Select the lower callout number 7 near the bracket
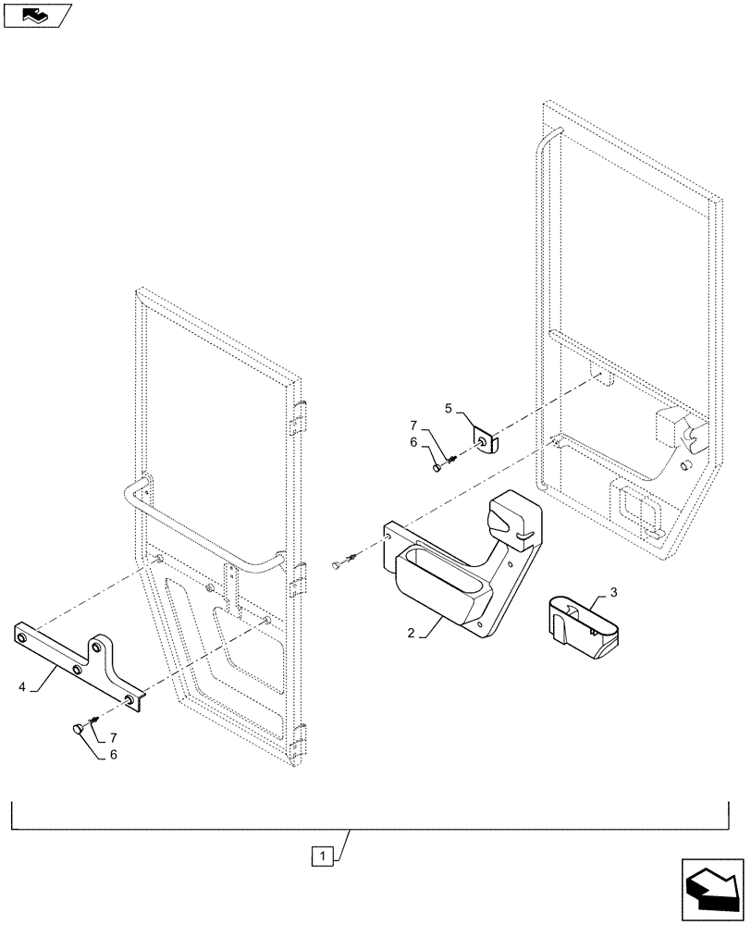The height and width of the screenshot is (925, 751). point(113,737)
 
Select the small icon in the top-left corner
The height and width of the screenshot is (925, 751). point(37,15)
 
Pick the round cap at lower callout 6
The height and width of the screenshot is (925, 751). point(77,730)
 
